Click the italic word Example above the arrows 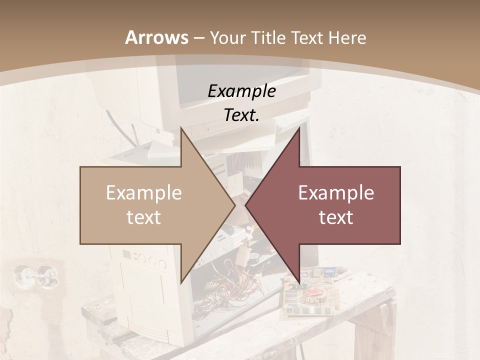tap(241, 91)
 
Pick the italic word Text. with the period tap(241, 115)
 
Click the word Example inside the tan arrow tap(144, 193)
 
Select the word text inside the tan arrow tap(144, 217)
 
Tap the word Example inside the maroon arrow tap(336, 193)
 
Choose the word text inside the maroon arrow tap(336, 217)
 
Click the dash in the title tap(198, 38)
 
